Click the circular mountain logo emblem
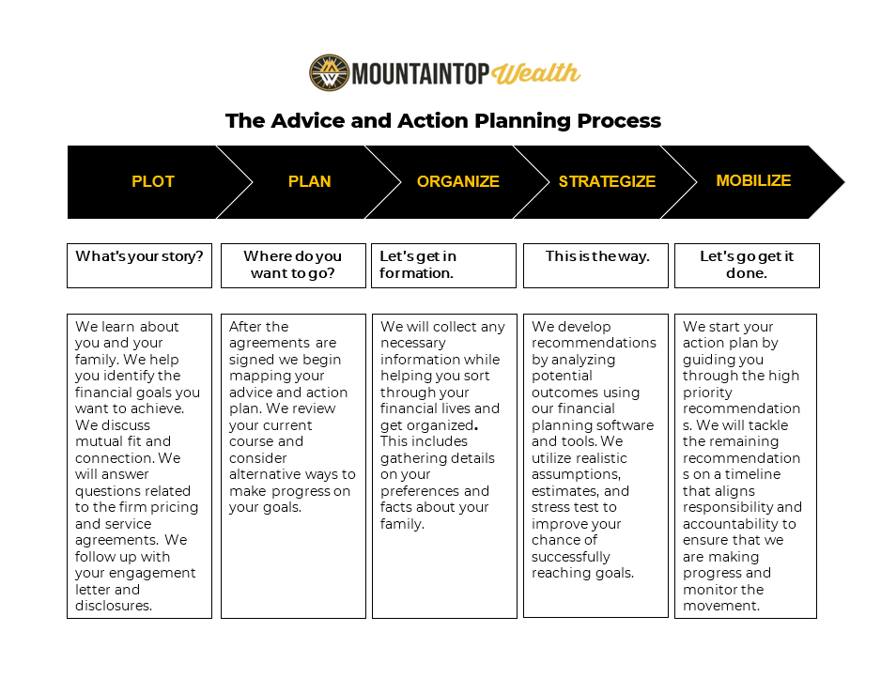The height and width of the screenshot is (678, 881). (329, 72)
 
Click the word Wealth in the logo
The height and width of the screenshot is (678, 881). (536, 73)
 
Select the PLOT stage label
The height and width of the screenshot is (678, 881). (153, 181)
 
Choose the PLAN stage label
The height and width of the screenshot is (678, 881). (309, 181)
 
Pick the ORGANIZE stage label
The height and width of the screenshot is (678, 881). (458, 181)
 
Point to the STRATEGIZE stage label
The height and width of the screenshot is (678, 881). (607, 181)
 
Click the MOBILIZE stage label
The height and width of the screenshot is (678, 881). (753, 180)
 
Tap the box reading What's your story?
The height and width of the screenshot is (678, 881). (139, 265)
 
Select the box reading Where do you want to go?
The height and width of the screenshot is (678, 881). (293, 265)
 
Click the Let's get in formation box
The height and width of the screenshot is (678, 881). (443, 265)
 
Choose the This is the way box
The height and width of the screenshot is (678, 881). (595, 265)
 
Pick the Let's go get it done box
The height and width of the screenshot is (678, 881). (747, 265)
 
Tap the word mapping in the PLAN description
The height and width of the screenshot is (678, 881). (256, 376)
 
